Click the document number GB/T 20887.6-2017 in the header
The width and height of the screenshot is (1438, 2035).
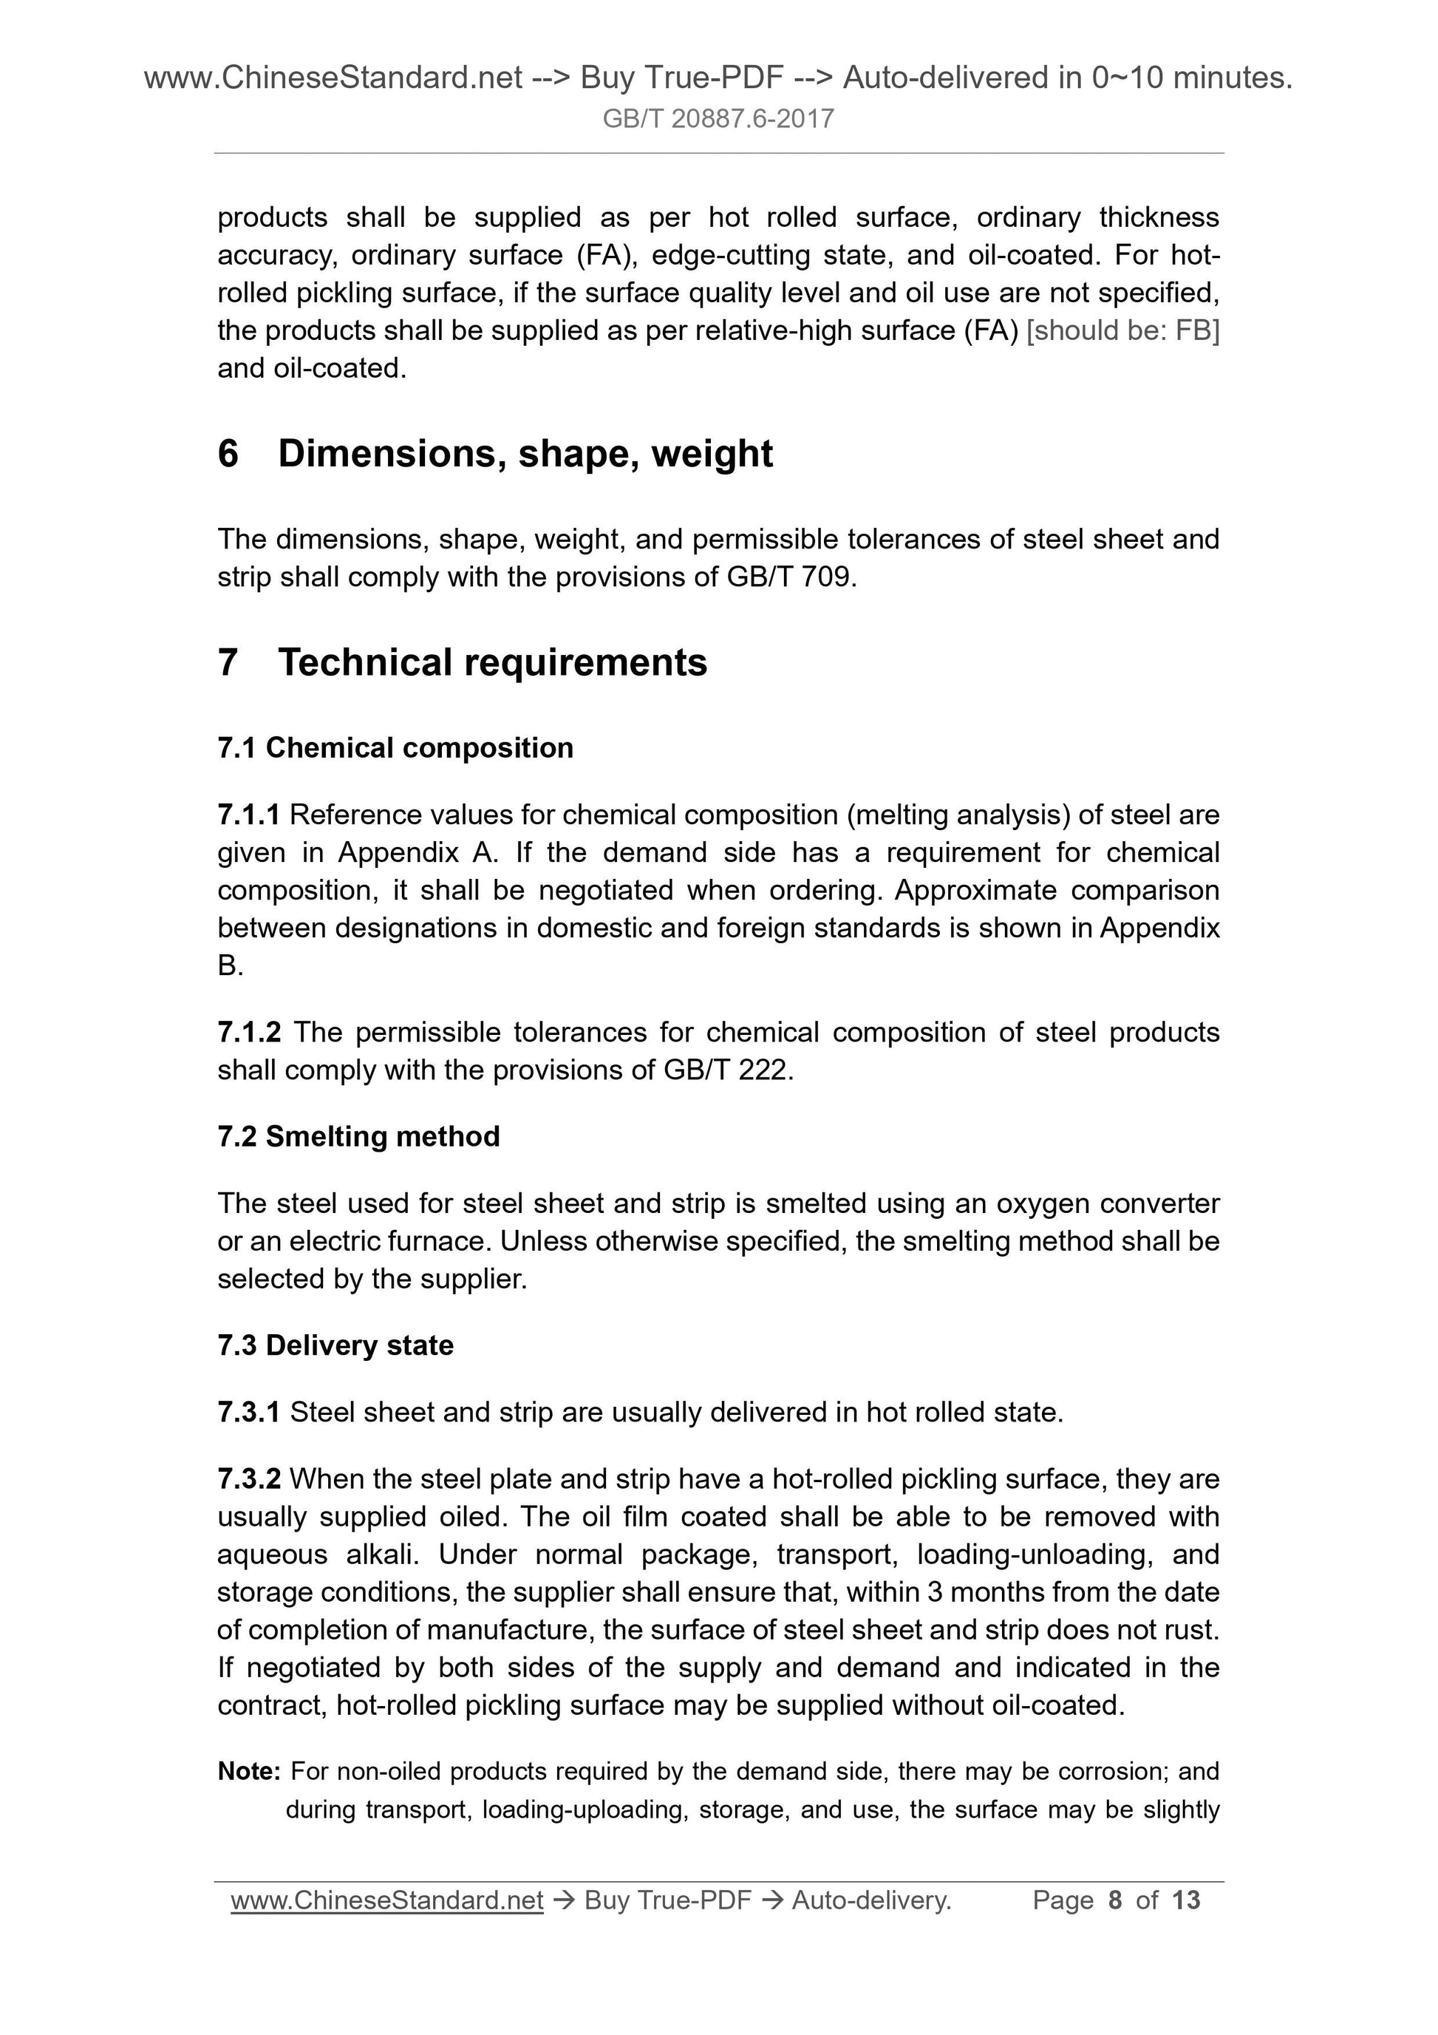[718, 119]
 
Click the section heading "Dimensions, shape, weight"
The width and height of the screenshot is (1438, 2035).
[525, 454]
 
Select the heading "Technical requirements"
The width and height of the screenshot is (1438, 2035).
[493, 662]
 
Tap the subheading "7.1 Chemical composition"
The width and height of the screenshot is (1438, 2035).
[395, 748]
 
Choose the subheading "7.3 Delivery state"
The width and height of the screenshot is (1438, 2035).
[335, 1345]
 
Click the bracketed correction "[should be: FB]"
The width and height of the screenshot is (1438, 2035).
[1122, 330]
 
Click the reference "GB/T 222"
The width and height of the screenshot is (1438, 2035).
[726, 1070]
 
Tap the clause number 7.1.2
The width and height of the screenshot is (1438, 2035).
[249, 1033]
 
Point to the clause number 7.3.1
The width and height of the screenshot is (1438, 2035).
[248, 1412]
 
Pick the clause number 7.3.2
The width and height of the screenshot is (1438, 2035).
[249, 1478]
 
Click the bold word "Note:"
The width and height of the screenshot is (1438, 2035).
[249, 1772]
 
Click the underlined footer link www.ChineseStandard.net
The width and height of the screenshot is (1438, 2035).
[386, 1900]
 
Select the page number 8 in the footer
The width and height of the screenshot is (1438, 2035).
[1114, 1900]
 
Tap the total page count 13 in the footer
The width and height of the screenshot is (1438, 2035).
[1185, 1900]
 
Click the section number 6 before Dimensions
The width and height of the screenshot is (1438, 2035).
[228, 454]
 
